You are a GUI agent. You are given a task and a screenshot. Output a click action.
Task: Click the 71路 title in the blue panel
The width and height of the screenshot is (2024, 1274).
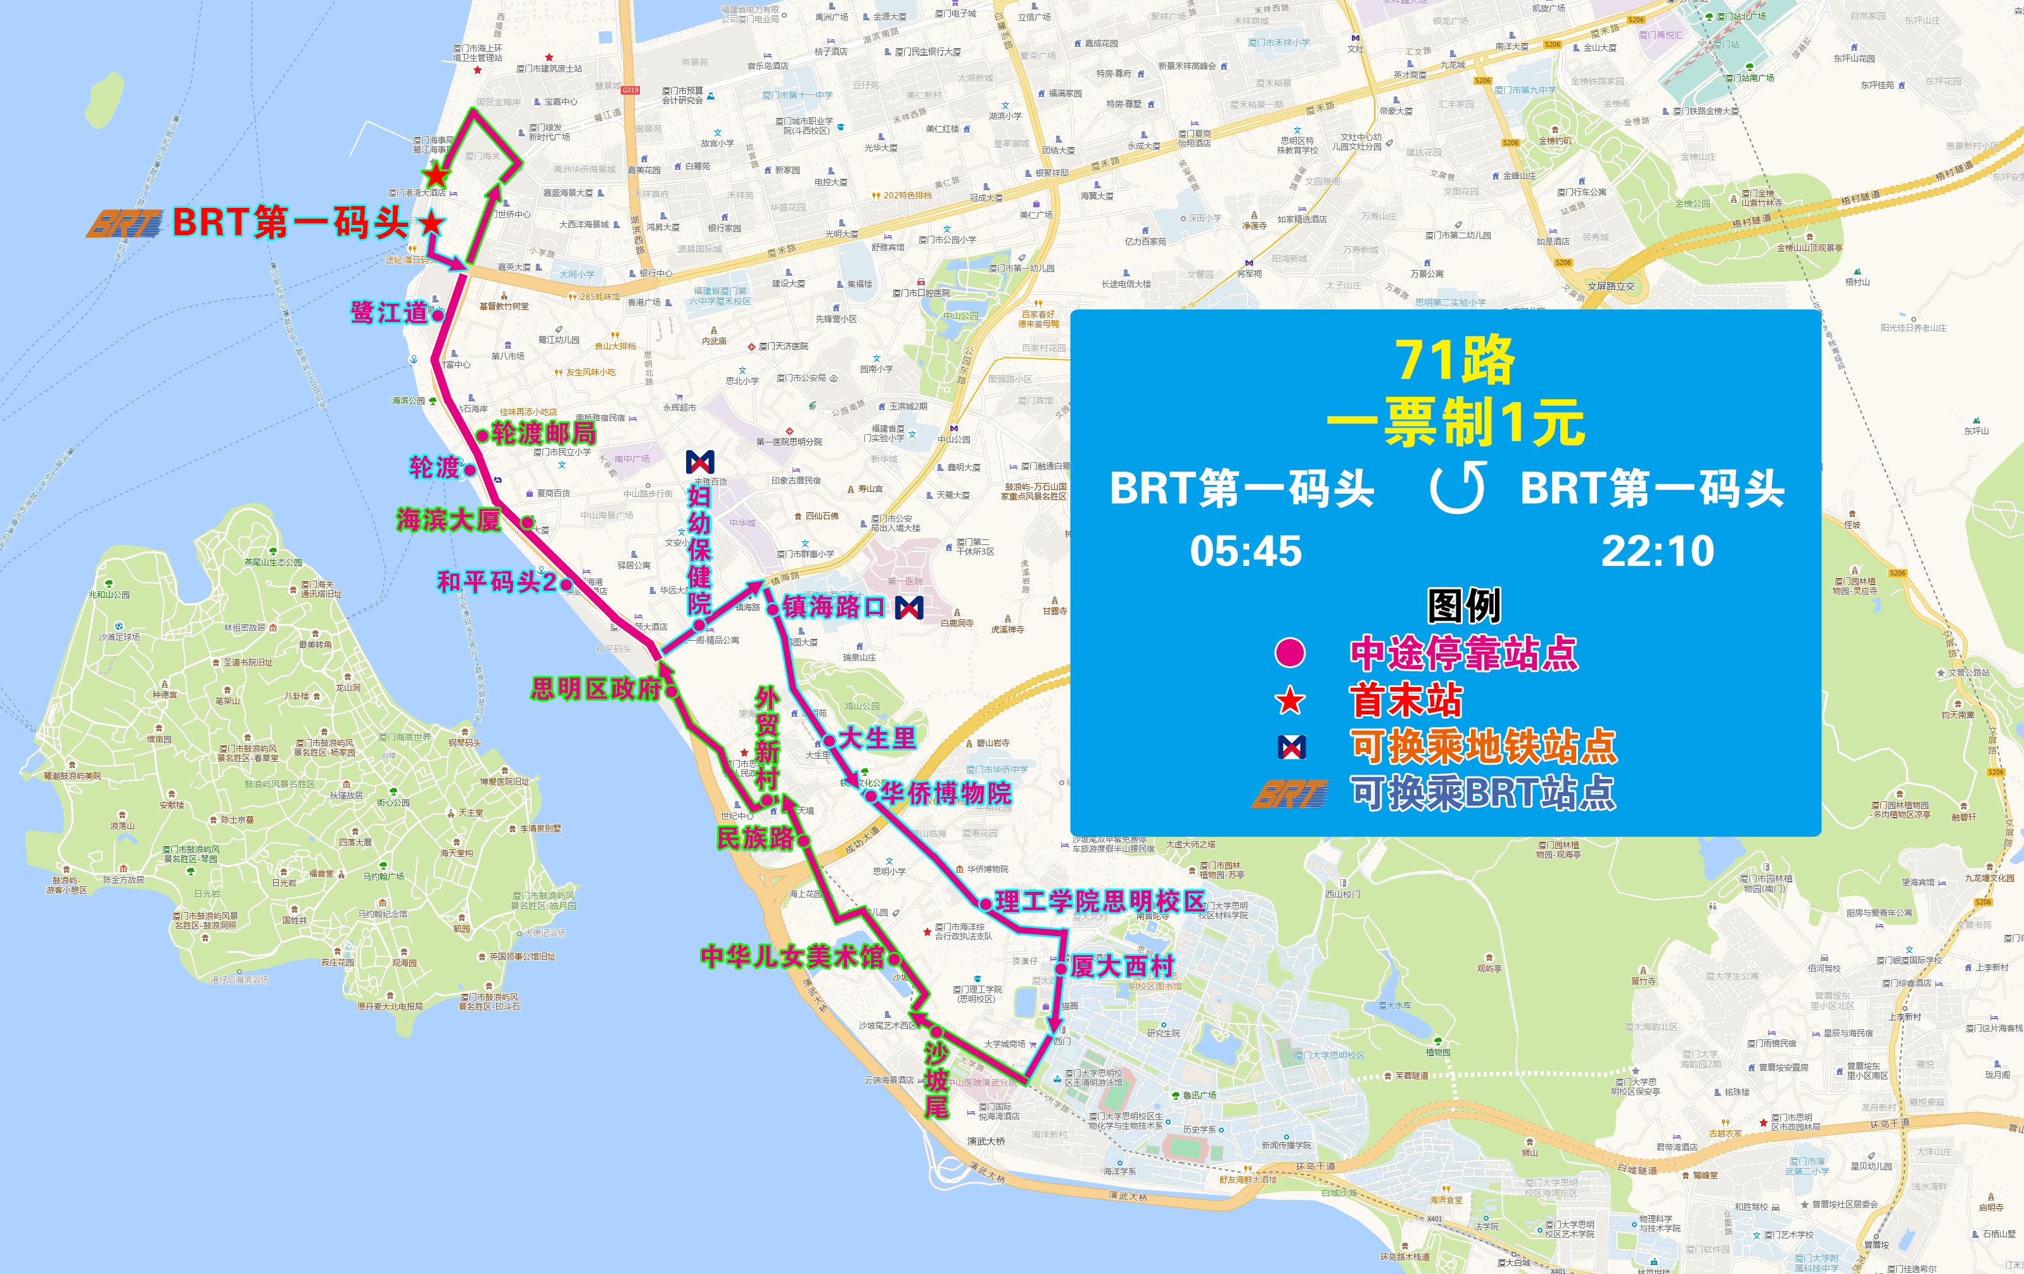coord(1455,361)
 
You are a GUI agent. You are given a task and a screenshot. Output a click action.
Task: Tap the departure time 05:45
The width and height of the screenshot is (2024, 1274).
coord(1245,551)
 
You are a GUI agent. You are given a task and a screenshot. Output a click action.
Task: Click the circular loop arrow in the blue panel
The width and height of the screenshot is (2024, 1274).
coord(1458,488)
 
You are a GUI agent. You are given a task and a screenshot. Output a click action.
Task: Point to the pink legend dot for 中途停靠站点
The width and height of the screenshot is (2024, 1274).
coord(1290,653)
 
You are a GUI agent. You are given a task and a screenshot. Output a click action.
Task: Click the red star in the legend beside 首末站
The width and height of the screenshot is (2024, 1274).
coord(1290,700)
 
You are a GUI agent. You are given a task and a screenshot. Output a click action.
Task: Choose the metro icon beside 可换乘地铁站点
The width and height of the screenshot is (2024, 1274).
coord(1291,747)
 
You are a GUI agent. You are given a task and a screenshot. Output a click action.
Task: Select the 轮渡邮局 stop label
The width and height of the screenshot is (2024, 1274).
coord(544,433)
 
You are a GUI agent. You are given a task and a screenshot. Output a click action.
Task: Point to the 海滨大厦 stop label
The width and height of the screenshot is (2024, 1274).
coord(448,520)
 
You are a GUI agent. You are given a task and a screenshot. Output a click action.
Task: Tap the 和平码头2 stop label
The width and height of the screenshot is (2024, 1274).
coord(496,582)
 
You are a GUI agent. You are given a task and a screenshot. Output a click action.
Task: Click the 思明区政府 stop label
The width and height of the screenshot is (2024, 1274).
coord(596,689)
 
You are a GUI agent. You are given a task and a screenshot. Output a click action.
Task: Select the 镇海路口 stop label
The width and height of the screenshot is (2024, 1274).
coord(834,607)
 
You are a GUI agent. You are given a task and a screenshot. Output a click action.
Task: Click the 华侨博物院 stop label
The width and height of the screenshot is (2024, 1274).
coord(946,793)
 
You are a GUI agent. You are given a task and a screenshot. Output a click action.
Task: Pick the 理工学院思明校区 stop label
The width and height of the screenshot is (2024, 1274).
coord(1099,901)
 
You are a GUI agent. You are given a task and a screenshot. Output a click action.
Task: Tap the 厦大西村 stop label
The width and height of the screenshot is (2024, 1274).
coord(1122,966)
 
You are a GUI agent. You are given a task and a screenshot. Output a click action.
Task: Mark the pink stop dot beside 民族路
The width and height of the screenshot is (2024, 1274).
coord(803,840)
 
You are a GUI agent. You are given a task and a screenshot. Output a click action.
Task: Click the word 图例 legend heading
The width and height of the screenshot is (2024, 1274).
coord(1463,605)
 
